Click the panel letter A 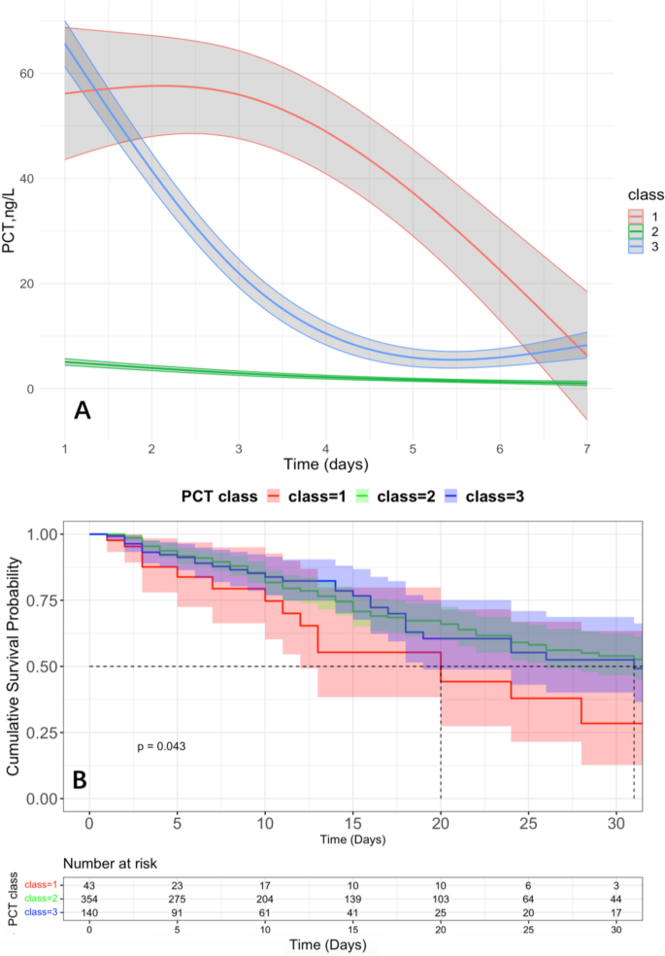click(83, 412)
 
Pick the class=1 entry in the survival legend click(299, 497)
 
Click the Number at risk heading click(112, 863)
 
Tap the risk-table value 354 click(89, 898)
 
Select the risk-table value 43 click(89, 884)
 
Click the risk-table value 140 click(89, 911)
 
